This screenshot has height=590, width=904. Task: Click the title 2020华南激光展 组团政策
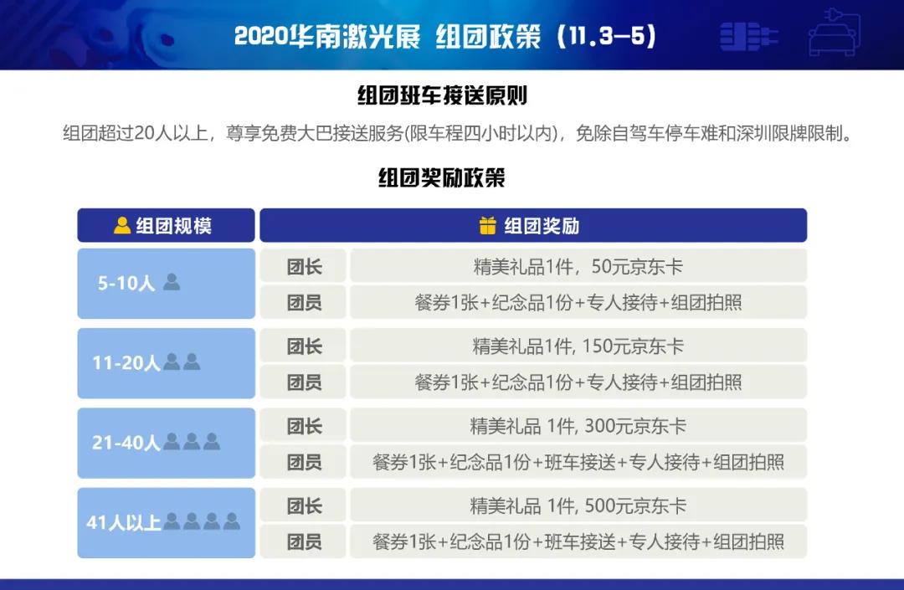tap(388, 36)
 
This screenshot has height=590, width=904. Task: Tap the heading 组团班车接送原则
tap(442, 95)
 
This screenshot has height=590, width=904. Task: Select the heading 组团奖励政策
tap(442, 177)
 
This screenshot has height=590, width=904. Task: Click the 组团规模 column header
tap(166, 225)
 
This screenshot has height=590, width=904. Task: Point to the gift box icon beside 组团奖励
tap(488, 225)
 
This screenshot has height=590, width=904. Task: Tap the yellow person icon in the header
tap(122, 225)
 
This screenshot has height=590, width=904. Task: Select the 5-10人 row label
tap(126, 283)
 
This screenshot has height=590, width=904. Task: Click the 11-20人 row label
tap(126, 362)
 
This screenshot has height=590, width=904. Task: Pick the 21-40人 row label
tap(126, 443)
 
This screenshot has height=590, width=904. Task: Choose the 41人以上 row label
tap(123, 522)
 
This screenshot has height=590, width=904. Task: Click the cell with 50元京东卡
tap(578, 266)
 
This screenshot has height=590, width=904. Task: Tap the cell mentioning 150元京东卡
tap(578, 346)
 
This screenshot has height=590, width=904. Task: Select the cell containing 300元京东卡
tap(578, 426)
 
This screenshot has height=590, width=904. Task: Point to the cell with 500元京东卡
tap(578, 505)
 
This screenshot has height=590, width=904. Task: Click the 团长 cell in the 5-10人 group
tap(303, 266)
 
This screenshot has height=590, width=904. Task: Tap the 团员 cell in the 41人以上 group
tap(303, 541)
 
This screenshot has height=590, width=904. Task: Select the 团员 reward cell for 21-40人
tap(578, 461)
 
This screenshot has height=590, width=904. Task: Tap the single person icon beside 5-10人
tap(172, 282)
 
